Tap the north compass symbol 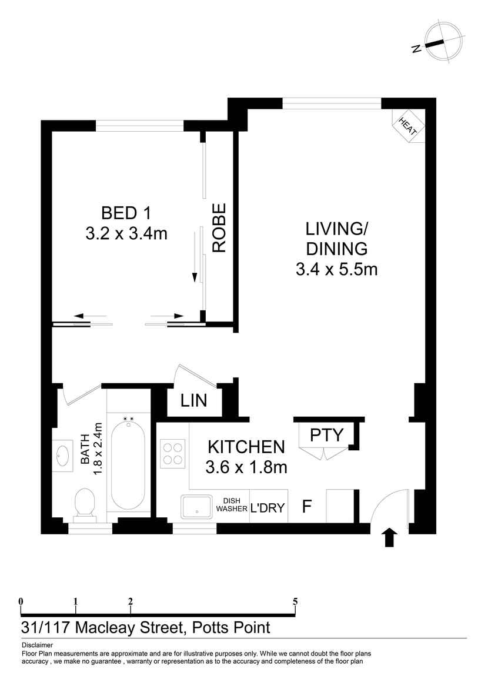437,42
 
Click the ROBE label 219,227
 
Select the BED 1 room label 126,212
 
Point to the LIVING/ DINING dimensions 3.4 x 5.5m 336,270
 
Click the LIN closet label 193,401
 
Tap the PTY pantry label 326,435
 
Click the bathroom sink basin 63,456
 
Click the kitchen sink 196,507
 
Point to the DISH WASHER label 232,505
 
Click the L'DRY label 268,507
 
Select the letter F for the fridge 306,507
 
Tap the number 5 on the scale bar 295,601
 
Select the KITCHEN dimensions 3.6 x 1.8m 246,467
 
